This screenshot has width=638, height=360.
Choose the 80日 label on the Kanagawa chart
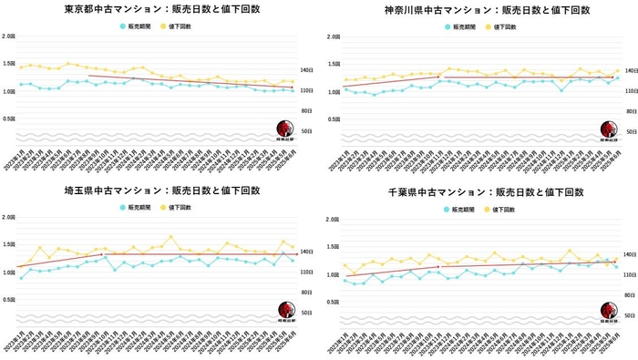[628, 111]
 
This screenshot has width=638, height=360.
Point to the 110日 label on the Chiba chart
[630, 274]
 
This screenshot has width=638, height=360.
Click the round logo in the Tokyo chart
[286, 129]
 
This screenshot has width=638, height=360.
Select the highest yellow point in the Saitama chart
[171, 237]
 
